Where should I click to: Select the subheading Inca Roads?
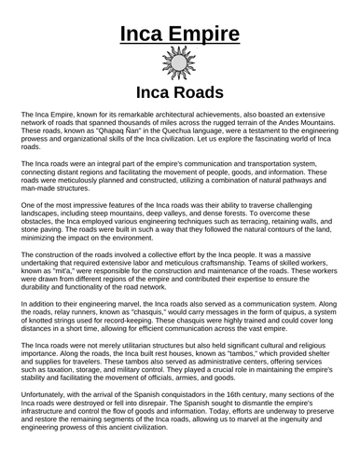(x=180, y=93)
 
